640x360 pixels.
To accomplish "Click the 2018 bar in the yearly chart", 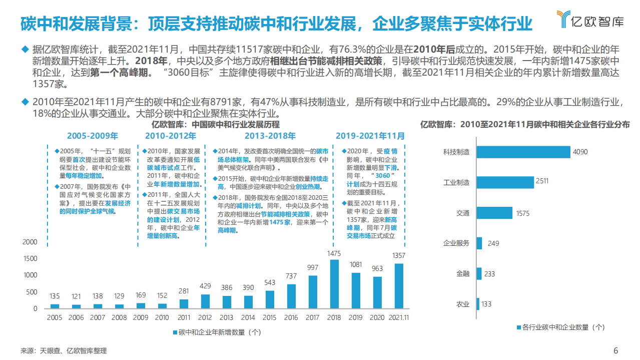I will [334, 283].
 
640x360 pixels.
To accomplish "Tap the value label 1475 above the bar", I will [334, 253].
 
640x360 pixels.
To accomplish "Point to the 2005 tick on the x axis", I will [55, 317].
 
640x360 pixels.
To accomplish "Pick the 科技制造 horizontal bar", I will [523, 152].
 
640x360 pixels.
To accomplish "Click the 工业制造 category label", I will [456, 182].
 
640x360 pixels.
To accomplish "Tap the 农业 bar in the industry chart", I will [478, 304].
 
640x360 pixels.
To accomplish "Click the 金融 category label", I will [463, 273].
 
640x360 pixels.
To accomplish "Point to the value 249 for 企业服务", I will [493, 243].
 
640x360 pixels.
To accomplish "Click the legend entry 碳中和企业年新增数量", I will [217, 331].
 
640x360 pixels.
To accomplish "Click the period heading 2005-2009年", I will [93, 136].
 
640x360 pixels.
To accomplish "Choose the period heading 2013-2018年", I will [270, 136].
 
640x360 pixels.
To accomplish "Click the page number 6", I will [616, 350].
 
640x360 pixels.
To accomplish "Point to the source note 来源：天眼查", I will [64, 351].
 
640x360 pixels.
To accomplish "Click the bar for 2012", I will [206, 301].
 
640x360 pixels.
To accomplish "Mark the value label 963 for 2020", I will [377, 269].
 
